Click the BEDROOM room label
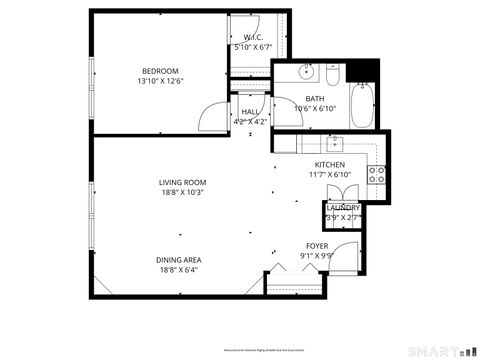(160, 71)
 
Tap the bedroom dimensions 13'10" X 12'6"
(160, 82)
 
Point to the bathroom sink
(308, 74)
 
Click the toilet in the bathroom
(333, 74)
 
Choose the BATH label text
(315, 98)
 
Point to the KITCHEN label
(330, 164)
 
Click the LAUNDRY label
(342, 207)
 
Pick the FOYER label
(317, 245)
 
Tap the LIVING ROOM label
(181, 182)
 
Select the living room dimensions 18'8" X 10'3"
(181, 193)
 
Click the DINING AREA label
(178, 260)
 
